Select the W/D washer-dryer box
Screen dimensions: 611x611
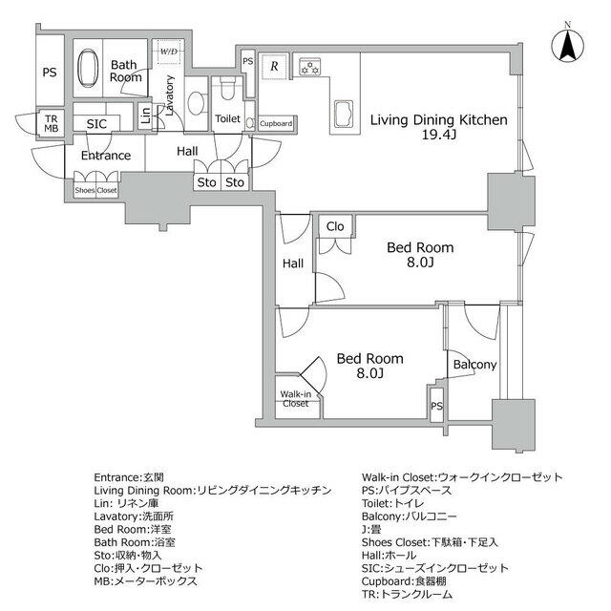pos(168,51)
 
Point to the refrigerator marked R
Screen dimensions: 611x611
pos(274,66)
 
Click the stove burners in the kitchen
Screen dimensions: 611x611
pos(309,66)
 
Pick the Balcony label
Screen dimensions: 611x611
pos(474,365)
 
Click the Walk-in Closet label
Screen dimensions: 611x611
pos(295,398)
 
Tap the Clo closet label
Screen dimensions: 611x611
pos(335,227)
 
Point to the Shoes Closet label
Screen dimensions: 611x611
pos(95,190)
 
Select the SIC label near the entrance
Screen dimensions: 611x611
pos(96,124)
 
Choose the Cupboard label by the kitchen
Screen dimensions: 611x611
pos(276,123)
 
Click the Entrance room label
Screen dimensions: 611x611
pos(105,156)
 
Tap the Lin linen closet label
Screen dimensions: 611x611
pos(145,116)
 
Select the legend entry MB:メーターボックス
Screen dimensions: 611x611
pos(146,579)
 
